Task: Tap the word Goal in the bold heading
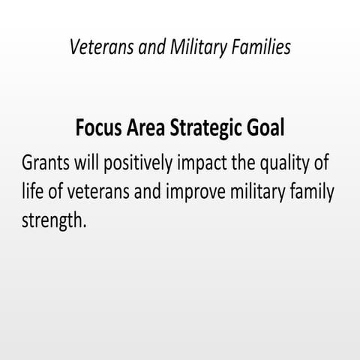[263, 128]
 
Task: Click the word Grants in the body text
[47, 163]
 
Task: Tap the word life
[33, 190]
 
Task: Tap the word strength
[55, 219]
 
